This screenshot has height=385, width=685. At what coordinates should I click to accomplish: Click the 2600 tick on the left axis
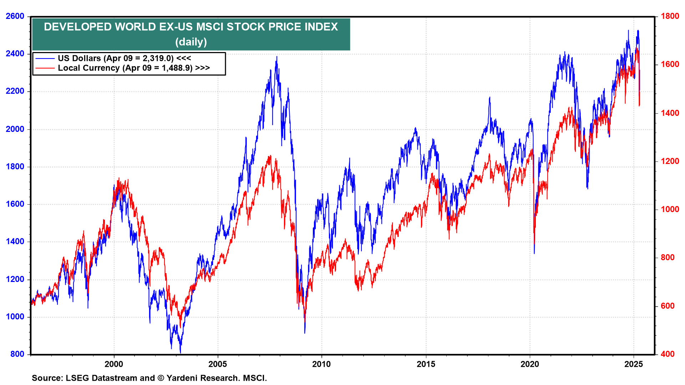(x=15, y=16)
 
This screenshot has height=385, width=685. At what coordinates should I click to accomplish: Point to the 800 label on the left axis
(x=17, y=354)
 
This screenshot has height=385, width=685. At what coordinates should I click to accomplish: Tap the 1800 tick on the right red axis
(x=670, y=16)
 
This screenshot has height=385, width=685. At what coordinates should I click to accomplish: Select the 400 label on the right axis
(x=668, y=354)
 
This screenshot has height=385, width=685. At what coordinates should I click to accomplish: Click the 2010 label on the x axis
(x=321, y=364)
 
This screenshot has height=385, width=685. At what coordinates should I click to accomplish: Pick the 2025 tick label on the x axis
(x=634, y=364)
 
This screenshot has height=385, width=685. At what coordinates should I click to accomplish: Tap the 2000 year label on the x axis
(x=114, y=364)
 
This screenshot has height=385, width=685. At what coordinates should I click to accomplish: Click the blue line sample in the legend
(x=45, y=58)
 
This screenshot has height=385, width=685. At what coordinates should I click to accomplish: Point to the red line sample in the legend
(x=45, y=68)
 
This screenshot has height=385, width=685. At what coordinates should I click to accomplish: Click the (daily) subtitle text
(x=191, y=42)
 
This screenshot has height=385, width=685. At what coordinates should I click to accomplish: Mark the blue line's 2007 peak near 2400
(x=277, y=57)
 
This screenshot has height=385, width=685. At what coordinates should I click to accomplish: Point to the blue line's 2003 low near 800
(x=180, y=353)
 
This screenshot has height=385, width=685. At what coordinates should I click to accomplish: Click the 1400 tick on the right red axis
(x=670, y=113)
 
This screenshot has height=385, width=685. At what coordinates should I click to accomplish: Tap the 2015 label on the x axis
(x=426, y=364)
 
